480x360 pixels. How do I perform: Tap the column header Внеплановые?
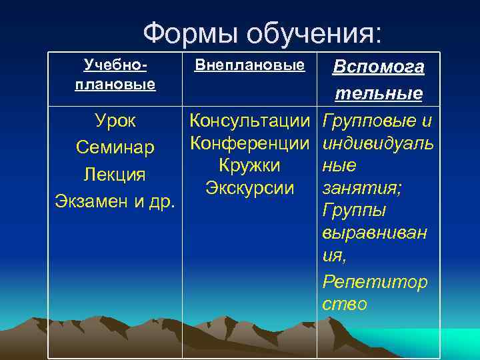pos(249,65)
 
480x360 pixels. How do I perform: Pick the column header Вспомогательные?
pos(378,80)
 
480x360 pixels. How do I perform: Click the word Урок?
pos(115,121)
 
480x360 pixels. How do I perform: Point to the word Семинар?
pos(115,147)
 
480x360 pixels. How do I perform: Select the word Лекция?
pos(115,174)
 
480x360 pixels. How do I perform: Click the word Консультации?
pos(250,121)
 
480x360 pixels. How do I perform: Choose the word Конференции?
pos(250,143)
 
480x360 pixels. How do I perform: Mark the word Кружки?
pos(250,165)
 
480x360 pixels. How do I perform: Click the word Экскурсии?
pos(250,188)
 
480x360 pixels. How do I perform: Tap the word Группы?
pos(354,211)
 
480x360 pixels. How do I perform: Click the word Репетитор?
pos(375,281)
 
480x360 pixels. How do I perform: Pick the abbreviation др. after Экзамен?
pos(163,201)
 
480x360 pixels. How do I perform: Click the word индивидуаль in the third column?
pos(377,143)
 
